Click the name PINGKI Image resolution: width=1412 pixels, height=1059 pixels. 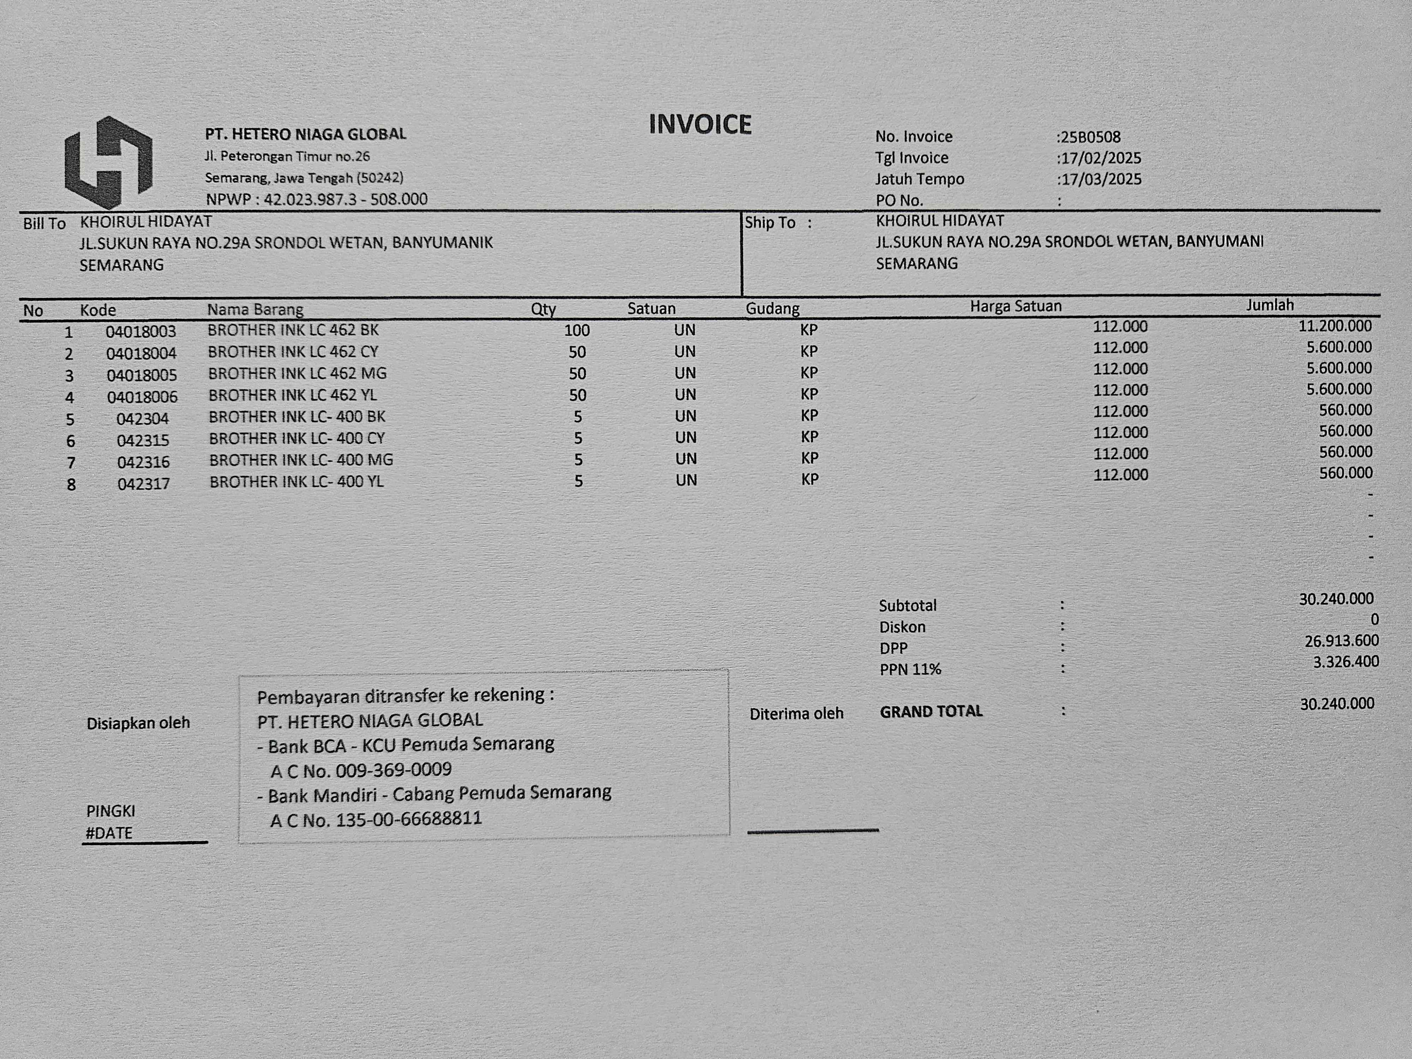click(x=110, y=811)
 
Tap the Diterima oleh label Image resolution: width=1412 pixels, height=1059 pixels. click(x=796, y=714)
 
